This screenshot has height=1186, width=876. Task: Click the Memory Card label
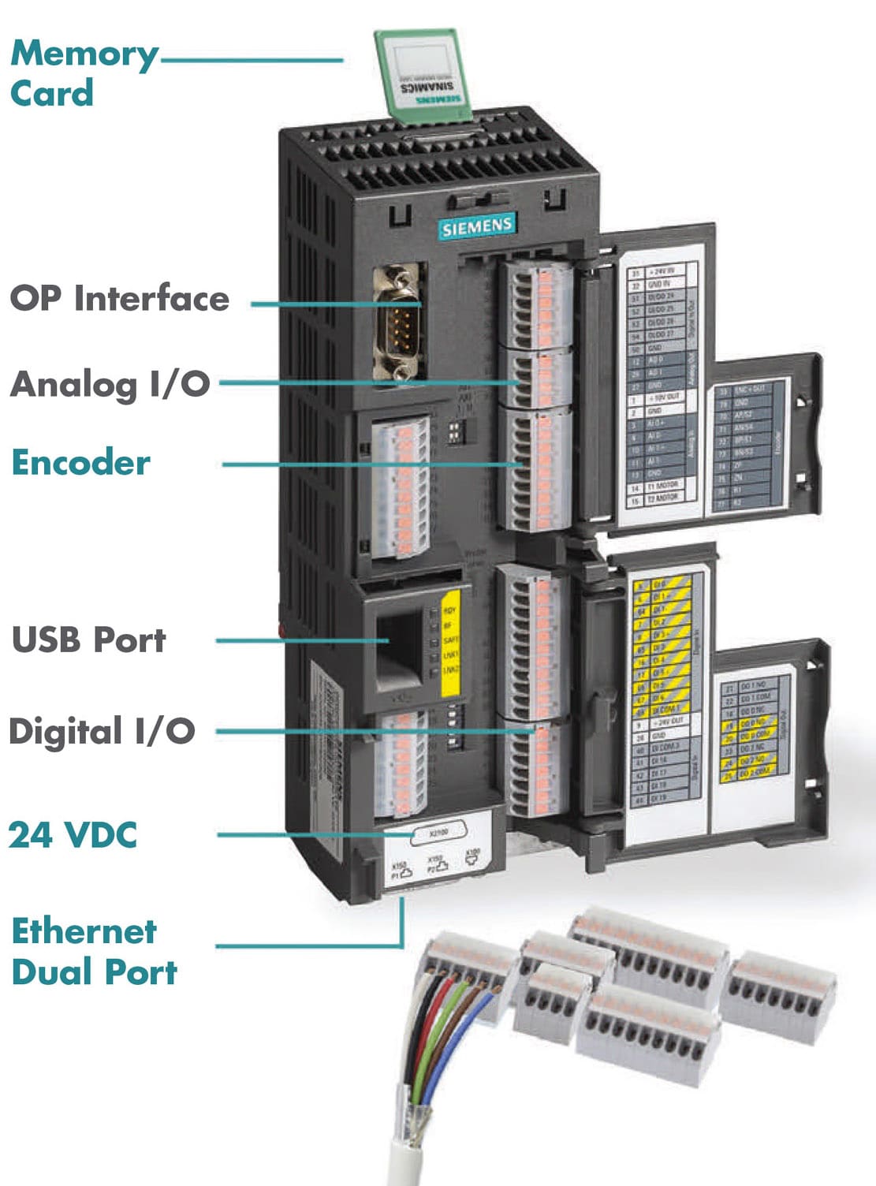coord(83,73)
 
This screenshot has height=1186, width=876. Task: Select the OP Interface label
coord(119,299)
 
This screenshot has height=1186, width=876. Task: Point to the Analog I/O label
coord(110,384)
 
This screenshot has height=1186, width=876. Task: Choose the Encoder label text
coord(80,462)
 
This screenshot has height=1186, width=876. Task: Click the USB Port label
coord(88,640)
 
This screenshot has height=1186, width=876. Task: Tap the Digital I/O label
coord(101,731)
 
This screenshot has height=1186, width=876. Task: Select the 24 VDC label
coord(73,834)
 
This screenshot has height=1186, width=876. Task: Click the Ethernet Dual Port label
coord(93,951)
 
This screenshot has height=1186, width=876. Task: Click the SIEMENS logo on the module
coord(477,226)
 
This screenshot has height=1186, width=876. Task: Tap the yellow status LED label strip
coord(450,640)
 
